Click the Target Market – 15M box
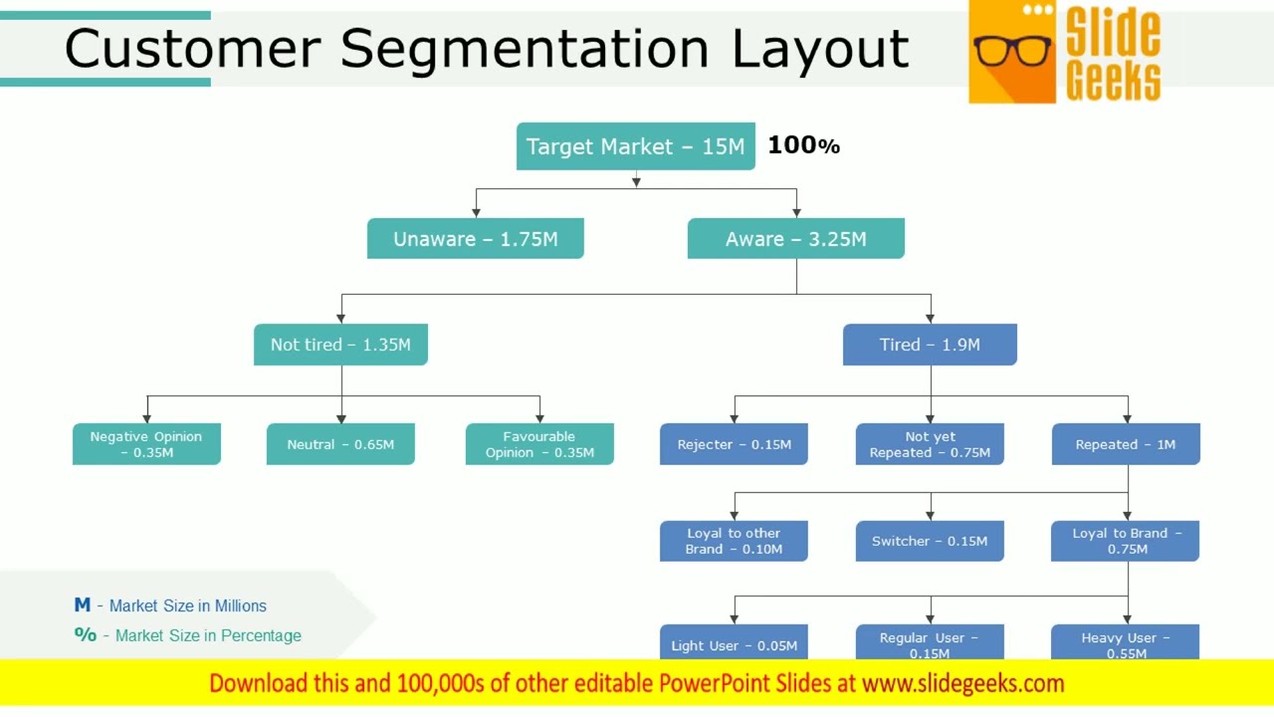pyautogui.click(x=635, y=146)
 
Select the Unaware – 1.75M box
pyautogui.click(x=475, y=239)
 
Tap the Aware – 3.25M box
pyautogui.click(x=795, y=239)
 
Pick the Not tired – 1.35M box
pyautogui.click(x=340, y=345)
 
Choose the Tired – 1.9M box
pyautogui.click(x=930, y=345)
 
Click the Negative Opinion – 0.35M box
pyautogui.click(x=146, y=444)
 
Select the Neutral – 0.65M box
pyautogui.click(x=340, y=444)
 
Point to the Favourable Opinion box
pyautogui.click(x=539, y=444)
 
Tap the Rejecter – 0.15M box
pyautogui.click(x=734, y=444)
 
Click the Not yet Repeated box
pyautogui.click(x=930, y=444)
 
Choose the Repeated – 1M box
pyautogui.click(x=1126, y=444)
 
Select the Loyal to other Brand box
pyautogui.click(x=734, y=541)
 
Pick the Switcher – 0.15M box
pyautogui.click(x=930, y=541)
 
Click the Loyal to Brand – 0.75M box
pyautogui.click(x=1126, y=541)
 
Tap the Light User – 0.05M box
pyautogui.click(x=734, y=643)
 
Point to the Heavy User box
pyautogui.click(x=1126, y=642)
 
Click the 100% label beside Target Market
pyautogui.click(x=803, y=145)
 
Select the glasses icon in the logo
pyautogui.click(x=1012, y=51)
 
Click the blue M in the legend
pyautogui.click(x=82, y=605)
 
